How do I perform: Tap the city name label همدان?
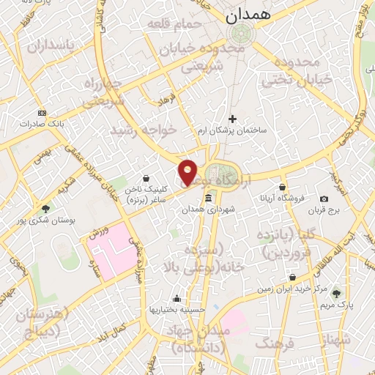point(248,14)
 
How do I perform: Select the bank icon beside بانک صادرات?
point(42,113)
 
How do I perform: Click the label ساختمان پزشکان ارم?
point(232,130)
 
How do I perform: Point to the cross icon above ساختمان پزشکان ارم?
point(233,118)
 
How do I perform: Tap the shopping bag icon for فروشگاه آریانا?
point(282,187)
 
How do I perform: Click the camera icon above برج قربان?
point(324,199)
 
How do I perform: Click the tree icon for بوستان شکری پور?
point(45,208)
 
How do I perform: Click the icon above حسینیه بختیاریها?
point(177,298)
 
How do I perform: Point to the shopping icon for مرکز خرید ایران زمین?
point(293,278)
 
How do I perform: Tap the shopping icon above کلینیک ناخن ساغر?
point(146,178)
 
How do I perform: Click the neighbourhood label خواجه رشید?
point(144,130)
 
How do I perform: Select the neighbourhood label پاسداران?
point(51,45)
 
